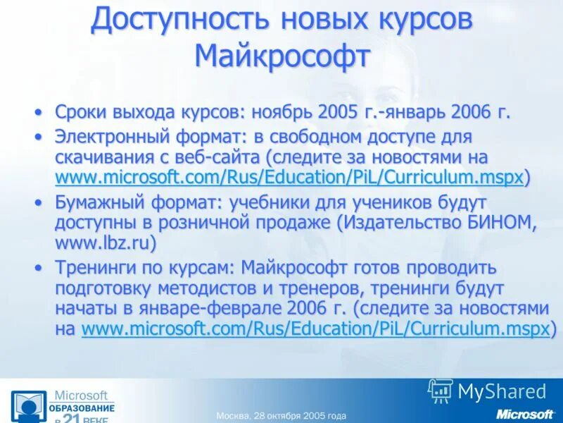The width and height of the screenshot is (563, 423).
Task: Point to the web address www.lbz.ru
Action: coord(105,243)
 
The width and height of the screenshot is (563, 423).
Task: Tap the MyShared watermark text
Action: coord(502,391)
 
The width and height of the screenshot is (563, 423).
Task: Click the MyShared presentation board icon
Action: coord(441,391)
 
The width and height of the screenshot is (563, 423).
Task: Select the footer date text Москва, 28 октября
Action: coord(281,415)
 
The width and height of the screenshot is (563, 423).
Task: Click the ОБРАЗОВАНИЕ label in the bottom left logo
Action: coord(82,409)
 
